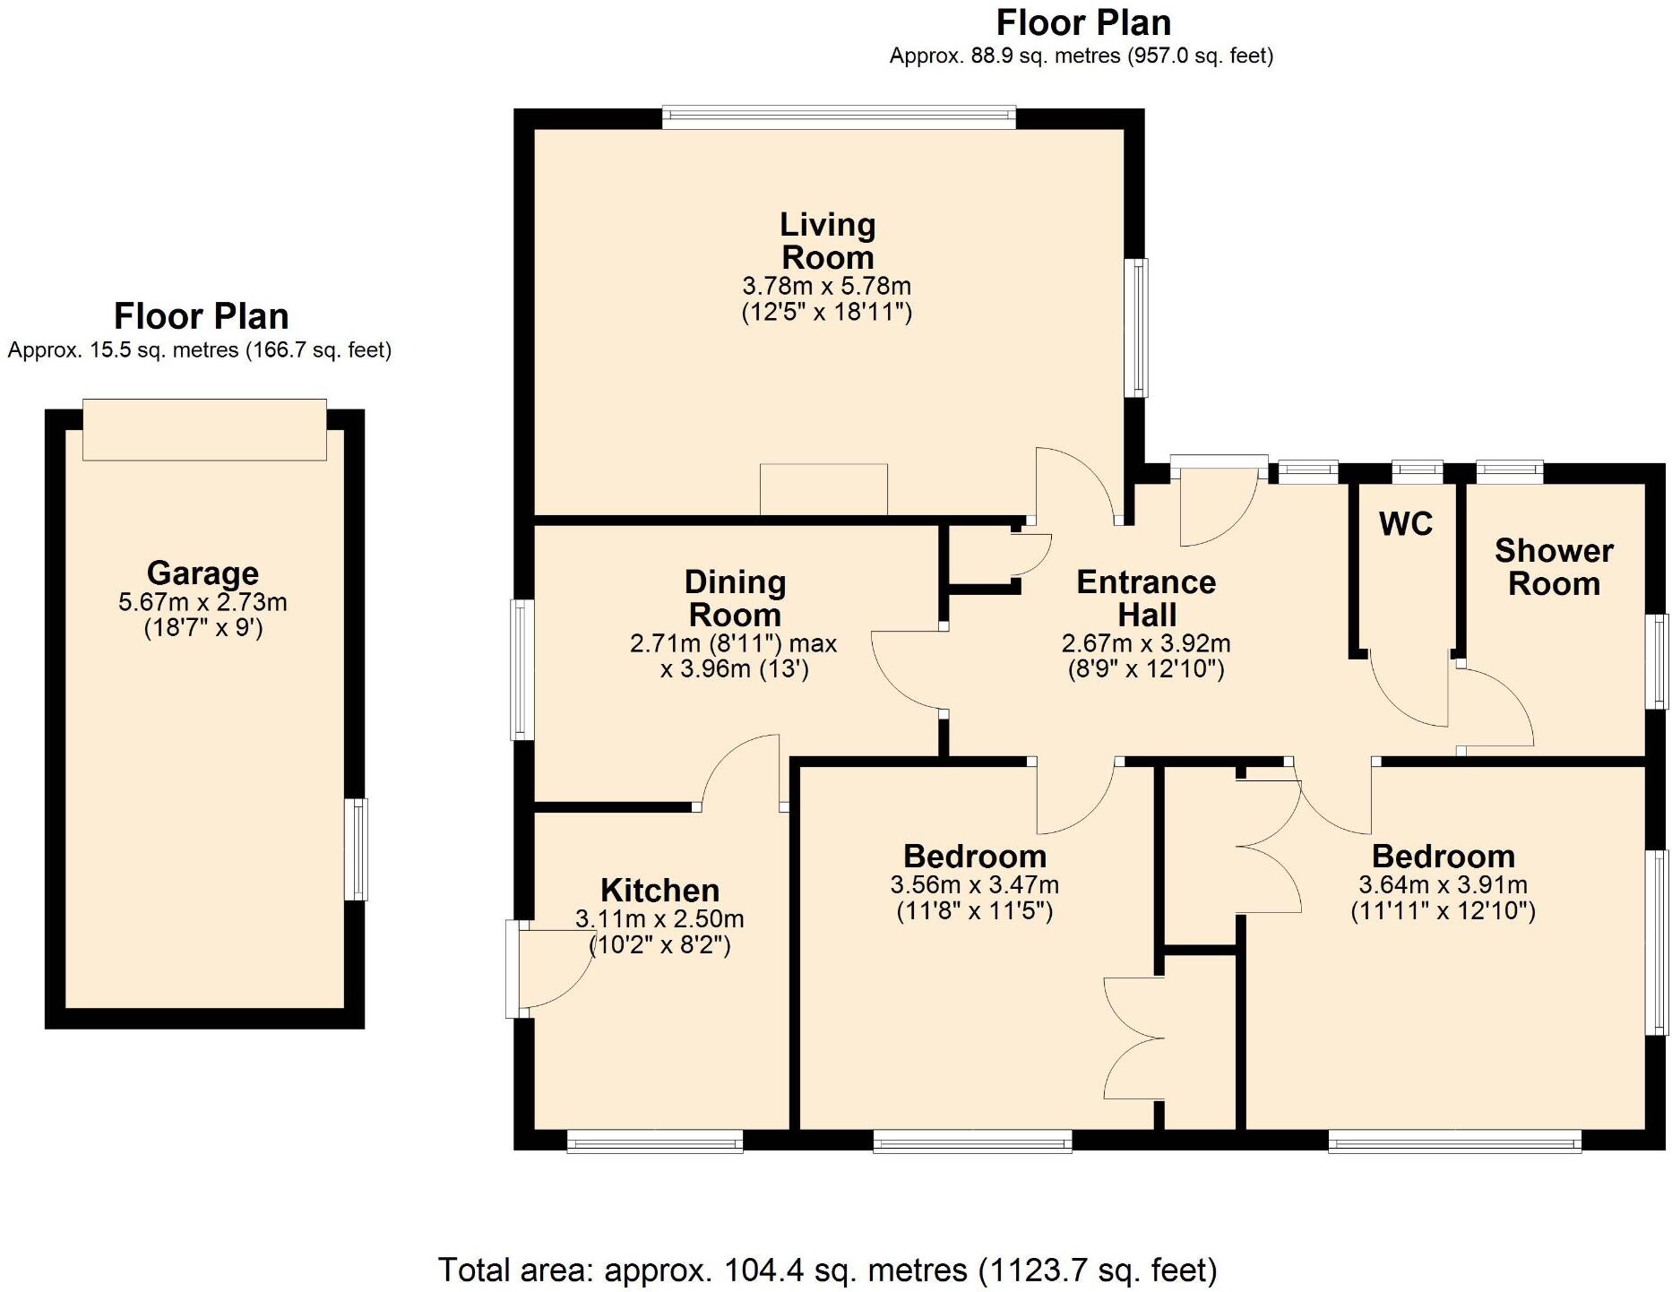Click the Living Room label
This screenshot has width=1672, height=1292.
point(827,241)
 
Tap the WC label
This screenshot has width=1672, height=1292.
point(1406,524)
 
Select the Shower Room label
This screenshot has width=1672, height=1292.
point(1554,567)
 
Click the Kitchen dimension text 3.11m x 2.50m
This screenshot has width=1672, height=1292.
point(659,919)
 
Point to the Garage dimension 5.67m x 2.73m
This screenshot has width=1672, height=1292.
point(203,602)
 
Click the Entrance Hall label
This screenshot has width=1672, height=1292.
point(1146,599)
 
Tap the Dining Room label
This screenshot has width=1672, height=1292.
point(735,599)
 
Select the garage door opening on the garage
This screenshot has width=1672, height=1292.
point(204,430)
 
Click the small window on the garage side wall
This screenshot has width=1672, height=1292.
point(357,849)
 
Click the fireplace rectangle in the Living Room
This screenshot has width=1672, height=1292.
point(823,489)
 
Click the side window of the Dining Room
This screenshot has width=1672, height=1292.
point(521,670)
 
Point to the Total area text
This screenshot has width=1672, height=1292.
point(827,1270)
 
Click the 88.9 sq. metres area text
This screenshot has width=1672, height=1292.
point(1081,56)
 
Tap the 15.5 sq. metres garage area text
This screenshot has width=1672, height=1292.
point(199,350)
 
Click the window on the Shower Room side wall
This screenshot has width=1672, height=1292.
point(1659,661)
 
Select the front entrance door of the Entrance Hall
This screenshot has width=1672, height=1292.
point(1218,502)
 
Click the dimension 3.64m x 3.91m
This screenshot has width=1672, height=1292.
point(1443,885)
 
